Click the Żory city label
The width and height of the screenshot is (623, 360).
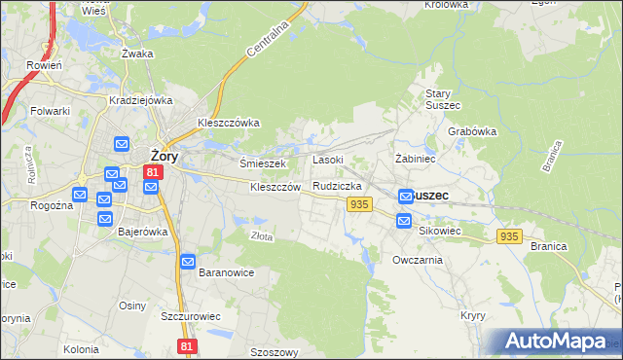[x=164, y=155]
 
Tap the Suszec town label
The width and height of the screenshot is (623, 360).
[x=429, y=195]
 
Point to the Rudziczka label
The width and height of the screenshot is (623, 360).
[x=338, y=186]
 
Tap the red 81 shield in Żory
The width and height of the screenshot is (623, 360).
[x=152, y=173]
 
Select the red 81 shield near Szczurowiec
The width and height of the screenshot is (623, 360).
[x=188, y=345]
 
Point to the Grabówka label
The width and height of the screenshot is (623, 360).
[x=473, y=131]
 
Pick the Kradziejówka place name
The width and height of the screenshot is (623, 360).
[x=141, y=100]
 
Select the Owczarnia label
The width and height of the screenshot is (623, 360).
[x=418, y=260]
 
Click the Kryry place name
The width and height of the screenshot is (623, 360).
[x=473, y=316]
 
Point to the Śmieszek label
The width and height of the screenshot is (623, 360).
[x=262, y=163]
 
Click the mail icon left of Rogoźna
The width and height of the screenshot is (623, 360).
[x=79, y=196]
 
